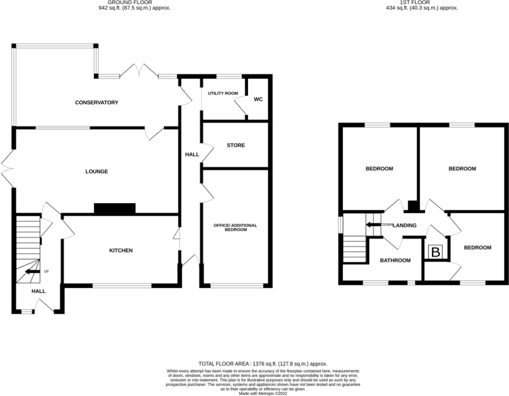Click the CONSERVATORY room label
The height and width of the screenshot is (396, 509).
click(96, 103)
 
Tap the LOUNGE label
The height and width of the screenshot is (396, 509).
click(96, 171)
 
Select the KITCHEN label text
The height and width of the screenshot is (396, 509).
click(121, 250)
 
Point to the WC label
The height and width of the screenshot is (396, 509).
click(258, 99)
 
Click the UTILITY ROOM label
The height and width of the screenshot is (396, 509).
click(219, 93)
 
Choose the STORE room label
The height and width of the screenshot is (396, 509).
click(235, 146)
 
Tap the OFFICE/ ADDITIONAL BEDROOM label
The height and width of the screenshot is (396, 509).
click(235, 227)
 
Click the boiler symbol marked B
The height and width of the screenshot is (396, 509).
click(435, 253)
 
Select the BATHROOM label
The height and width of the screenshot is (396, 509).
click(395, 260)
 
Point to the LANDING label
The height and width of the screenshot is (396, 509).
click(404, 225)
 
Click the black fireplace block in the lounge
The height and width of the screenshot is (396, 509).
click(114, 208)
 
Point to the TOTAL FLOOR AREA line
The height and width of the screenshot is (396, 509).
click(263, 363)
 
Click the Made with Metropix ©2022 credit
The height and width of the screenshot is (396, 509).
click(262, 393)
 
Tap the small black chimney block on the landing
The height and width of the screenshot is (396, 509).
click(412, 206)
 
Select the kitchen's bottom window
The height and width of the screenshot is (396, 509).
click(122, 286)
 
